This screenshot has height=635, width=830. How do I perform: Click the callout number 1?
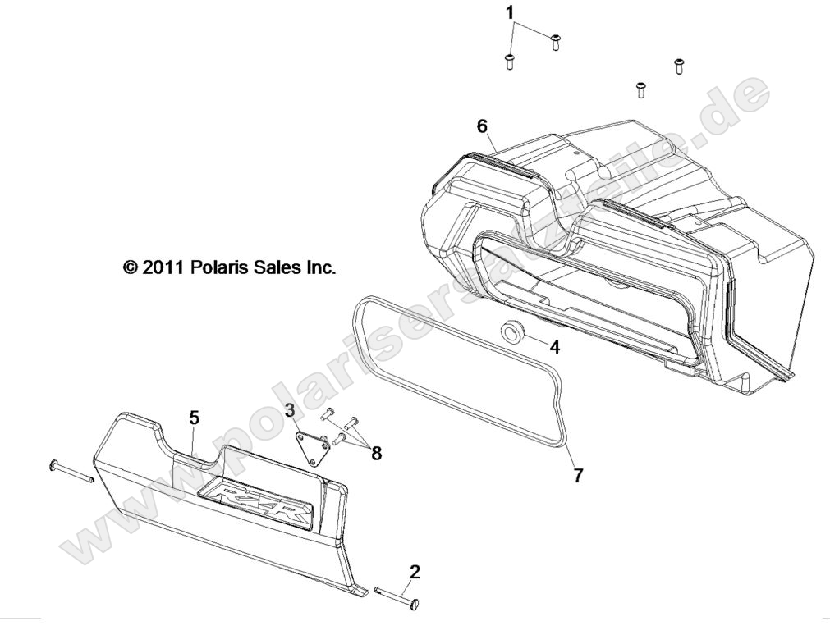[510, 12]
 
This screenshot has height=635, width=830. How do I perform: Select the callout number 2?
[415, 572]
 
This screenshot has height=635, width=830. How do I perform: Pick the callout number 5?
[194, 418]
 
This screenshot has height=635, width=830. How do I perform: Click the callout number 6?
[482, 126]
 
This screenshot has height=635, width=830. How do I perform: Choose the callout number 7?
[579, 475]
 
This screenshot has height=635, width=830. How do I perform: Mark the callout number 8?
[377, 453]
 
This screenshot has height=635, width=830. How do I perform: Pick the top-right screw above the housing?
[679, 65]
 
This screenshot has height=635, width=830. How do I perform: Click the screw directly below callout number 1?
[509, 62]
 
